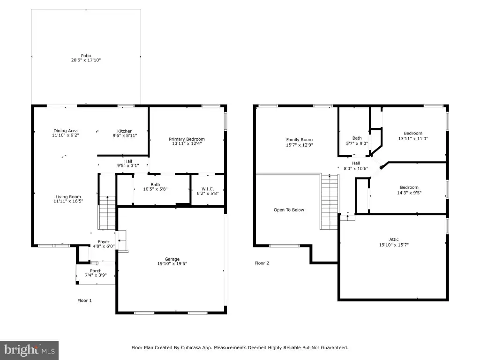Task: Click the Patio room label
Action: tap(86, 56)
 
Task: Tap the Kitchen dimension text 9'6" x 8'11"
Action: tap(125, 135)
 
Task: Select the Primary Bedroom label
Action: tap(187, 139)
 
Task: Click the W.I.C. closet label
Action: tap(208, 189)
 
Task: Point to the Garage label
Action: tap(172, 259)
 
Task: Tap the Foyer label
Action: tap(104, 242)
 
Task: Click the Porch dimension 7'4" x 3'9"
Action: tap(96, 275)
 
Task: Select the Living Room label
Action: tap(68, 197)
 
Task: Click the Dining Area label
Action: tap(66, 131)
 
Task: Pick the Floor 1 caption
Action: tap(84, 300)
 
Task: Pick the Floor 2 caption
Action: tap(262, 263)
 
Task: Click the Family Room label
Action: tap(300, 140)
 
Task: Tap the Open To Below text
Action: tap(289, 210)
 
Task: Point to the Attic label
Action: tap(394, 240)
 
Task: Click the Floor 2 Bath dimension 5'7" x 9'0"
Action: tap(357, 143)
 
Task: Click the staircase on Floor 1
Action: tap(107, 213)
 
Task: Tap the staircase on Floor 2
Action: tap(330, 202)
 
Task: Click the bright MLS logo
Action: tap(30, 350)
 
